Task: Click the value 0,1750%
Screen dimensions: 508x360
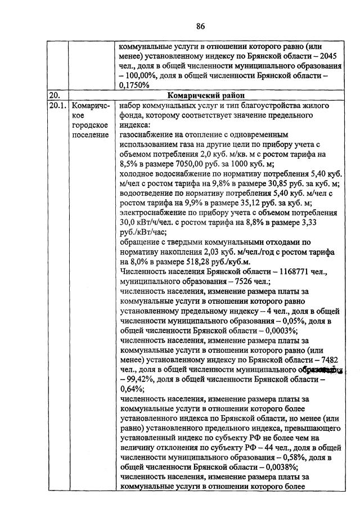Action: pyautogui.click(x=134, y=86)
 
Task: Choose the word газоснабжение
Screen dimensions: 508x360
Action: pyautogui.click(x=147, y=135)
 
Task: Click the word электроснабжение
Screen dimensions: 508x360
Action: pyautogui.click(x=153, y=214)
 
